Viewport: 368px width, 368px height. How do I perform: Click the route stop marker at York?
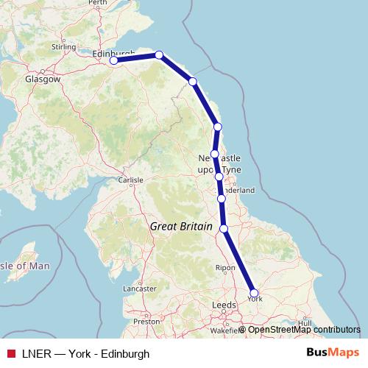pyautogui.click(x=255, y=292)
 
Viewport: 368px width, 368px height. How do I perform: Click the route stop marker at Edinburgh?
pyautogui.click(x=114, y=61)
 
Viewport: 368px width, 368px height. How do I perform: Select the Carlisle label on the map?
pyautogui.click(x=130, y=179)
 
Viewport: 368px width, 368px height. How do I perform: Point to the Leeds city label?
pyautogui.click(x=224, y=304)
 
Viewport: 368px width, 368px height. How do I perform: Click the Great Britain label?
pyautogui.click(x=181, y=227)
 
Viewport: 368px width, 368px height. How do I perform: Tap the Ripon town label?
pyautogui.click(x=224, y=268)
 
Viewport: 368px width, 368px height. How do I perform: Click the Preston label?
pyautogui.click(x=146, y=321)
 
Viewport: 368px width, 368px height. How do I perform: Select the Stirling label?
pyautogui.click(x=63, y=47)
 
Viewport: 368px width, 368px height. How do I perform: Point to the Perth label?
pyautogui.click(x=97, y=3)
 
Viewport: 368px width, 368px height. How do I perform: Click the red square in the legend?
pyautogui.click(x=10, y=354)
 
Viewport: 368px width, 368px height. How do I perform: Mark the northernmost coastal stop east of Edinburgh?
pyautogui.click(x=159, y=55)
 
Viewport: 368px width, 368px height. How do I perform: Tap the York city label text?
pyautogui.click(x=255, y=300)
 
